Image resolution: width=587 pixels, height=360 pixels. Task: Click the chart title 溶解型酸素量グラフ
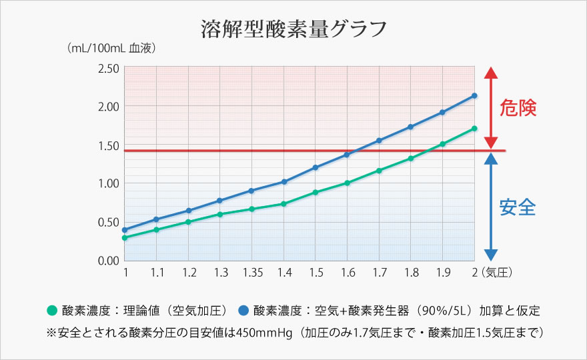(293, 29)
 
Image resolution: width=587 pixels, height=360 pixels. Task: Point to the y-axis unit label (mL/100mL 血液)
(111, 49)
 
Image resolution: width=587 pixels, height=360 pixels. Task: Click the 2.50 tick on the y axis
(108, 68)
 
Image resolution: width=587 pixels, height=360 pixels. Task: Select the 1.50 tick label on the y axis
(108, 145)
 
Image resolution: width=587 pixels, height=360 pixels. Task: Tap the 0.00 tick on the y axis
(108, 260)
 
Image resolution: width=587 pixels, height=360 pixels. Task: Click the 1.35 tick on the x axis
(251, 273)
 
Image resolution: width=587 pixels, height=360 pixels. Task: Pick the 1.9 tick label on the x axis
(442, 273)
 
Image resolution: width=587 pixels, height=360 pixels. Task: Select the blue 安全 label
(518, 207)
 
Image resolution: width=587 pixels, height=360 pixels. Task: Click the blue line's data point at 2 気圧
(474, 95)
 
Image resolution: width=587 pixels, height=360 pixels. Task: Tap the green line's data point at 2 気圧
(474, 128)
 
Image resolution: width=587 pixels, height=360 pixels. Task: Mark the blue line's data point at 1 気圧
(125, 230)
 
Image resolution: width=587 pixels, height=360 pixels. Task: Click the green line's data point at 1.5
(316, 192)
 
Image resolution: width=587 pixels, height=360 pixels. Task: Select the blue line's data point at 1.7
(379, 140)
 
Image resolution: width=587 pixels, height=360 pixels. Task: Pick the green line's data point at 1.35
(251, 209)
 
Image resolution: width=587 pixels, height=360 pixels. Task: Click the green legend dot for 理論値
(52, 311)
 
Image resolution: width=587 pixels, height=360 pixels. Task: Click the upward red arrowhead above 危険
(490, 73)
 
